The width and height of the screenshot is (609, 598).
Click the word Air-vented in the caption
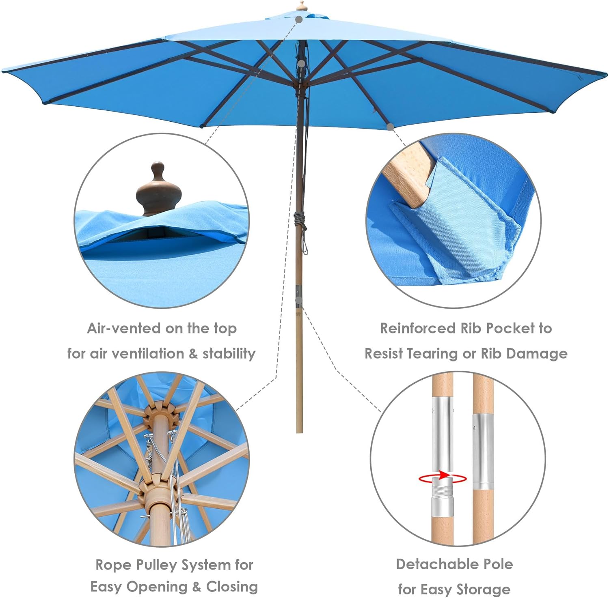tap(111, 328)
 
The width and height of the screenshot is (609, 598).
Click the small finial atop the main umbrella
tap(301, 6)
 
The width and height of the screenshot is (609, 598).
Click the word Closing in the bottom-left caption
tap(232, 587)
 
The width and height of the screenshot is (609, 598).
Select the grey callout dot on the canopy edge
tap(390, 127)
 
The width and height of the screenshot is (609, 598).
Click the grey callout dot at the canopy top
tap(299, 19)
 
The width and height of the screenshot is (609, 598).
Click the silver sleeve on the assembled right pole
tap(482, 450)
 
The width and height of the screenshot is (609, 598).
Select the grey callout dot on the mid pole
tap(299, 300)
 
